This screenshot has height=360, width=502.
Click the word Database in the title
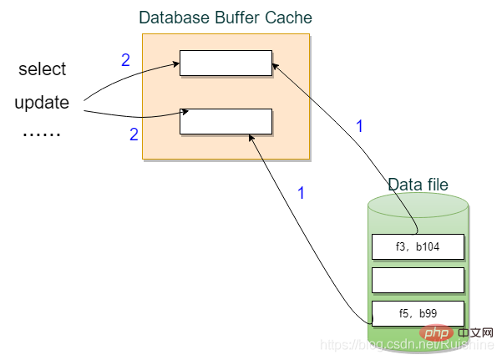pos(170,18)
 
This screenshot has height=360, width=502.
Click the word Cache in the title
pos(291,18)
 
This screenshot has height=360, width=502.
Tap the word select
pos(42,69)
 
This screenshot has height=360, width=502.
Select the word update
pos(42,104)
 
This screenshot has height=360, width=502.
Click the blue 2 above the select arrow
pos(126,60)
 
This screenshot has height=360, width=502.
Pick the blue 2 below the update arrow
pos(134,134)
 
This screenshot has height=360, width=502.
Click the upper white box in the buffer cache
pos(226,63)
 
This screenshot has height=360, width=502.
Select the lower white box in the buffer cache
pos(226,121)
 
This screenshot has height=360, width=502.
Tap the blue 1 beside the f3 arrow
pos(360,127)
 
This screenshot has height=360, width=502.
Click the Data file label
pos(418,185)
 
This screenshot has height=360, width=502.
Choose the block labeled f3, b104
pos(417,246)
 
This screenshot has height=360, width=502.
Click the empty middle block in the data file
pos(417,280)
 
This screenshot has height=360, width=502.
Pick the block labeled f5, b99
pos(417,313)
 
